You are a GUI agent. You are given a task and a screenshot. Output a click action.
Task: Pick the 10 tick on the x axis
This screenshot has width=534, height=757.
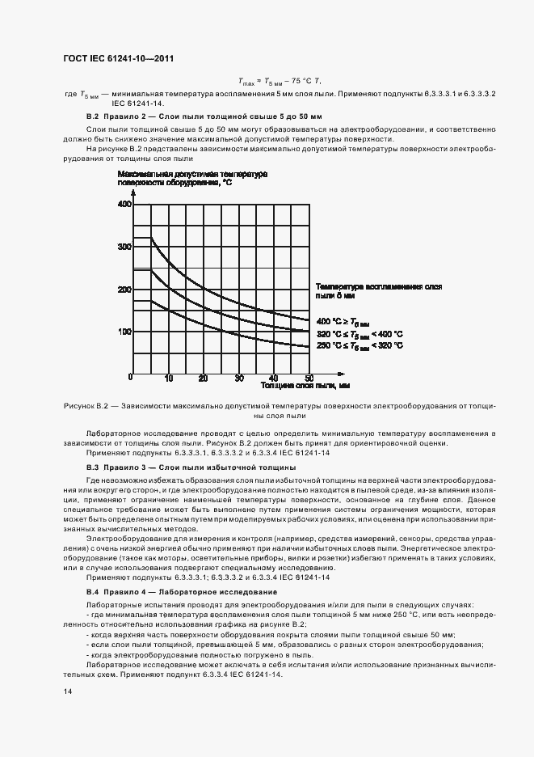[168, 378]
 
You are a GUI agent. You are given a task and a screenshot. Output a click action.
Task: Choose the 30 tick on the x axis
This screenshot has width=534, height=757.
[239, 378]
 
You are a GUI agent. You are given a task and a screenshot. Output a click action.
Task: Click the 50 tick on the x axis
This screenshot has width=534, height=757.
[309, 378]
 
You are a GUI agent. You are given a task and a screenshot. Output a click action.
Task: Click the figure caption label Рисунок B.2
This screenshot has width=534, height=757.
[86, 404]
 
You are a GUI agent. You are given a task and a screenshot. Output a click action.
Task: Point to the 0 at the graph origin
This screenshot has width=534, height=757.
[129, 377]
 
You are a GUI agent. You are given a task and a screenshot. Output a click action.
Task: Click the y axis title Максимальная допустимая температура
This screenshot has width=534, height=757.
[192, 174]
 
